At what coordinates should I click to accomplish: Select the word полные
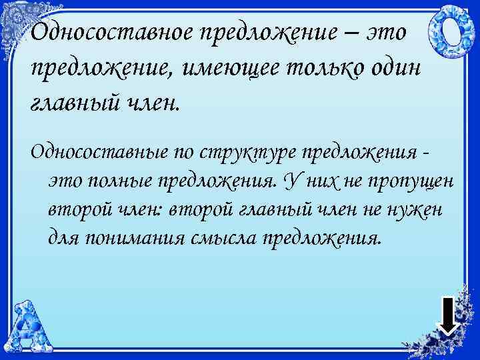click(125, 180)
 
